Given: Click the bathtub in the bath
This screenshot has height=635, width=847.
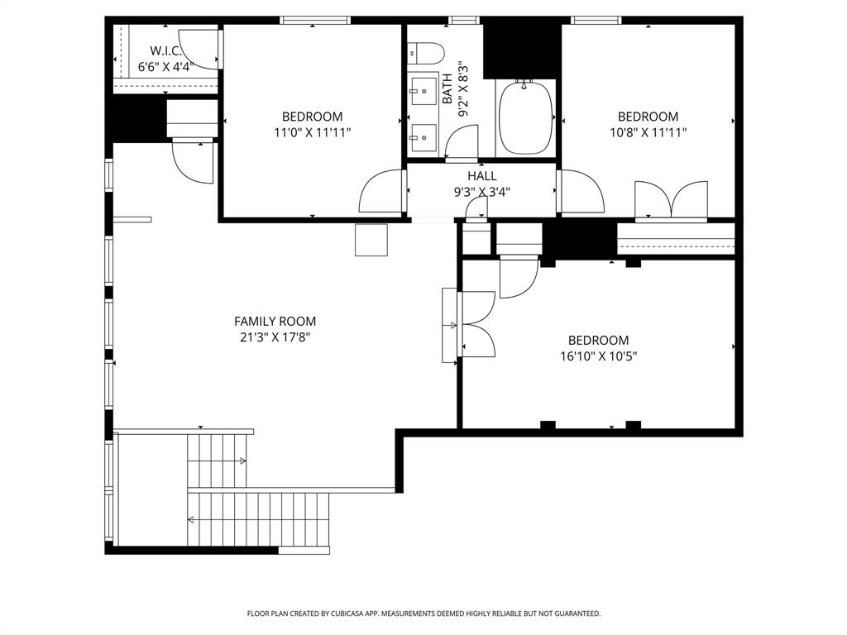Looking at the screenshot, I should (x=526, y=117).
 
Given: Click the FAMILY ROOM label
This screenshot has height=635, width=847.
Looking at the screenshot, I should (x=275, y=322).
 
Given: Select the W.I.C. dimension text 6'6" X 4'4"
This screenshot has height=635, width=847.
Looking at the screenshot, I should (x=165, y=67).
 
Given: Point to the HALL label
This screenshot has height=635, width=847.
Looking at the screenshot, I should (x=482, y=176).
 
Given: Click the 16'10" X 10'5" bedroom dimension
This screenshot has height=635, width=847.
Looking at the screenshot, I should (x=598, y=356).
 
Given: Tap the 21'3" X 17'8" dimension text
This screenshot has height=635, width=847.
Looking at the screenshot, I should (x=275, y=337).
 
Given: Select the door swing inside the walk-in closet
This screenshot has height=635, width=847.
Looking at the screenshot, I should (x=195, y=49).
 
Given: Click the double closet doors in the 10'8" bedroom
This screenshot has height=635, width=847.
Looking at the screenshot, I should (x=671, y=201).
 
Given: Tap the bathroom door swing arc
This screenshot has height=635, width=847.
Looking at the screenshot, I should (x=462, y=141).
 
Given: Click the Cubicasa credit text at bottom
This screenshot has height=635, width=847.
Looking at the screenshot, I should (x=423, y=614).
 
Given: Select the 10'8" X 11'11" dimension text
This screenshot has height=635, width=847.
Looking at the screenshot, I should (x=648, y=132).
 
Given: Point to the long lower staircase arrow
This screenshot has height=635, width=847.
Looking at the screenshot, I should (x=256, y=519).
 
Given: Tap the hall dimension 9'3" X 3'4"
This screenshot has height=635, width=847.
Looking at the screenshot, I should (x=482, y=193).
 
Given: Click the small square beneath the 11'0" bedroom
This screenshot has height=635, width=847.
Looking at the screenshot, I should (x=371, y=240).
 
